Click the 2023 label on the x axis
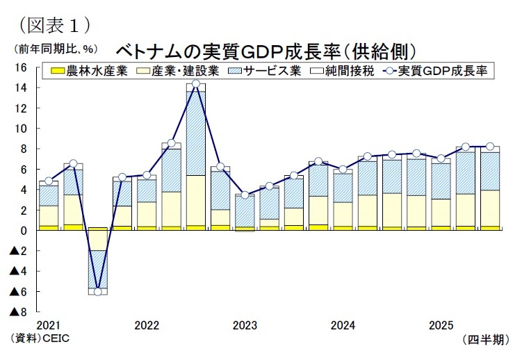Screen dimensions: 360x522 (x=245, y=325)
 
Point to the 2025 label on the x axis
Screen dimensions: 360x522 (x=442, y=325)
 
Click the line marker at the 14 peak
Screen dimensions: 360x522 (x=196, y=84)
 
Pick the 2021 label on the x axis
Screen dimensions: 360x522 (x=48, y=325)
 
